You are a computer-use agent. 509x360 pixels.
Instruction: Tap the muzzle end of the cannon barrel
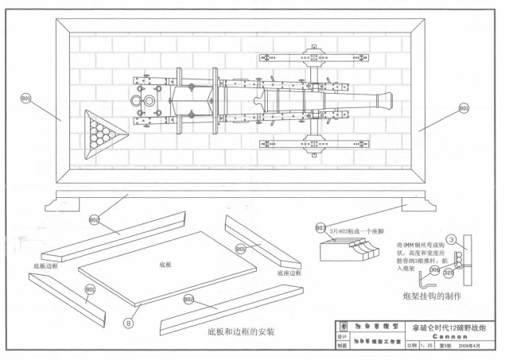[387, 101]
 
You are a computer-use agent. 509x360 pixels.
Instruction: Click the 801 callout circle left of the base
[25, 99]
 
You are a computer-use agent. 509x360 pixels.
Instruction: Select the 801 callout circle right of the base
[464, 108]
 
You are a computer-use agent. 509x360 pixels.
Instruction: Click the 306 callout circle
[433, 271]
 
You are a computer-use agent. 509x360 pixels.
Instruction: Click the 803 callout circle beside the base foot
[320, 228]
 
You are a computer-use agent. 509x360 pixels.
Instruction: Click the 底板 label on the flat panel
[165, 263]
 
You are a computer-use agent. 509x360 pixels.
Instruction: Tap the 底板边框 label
[47, 264]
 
